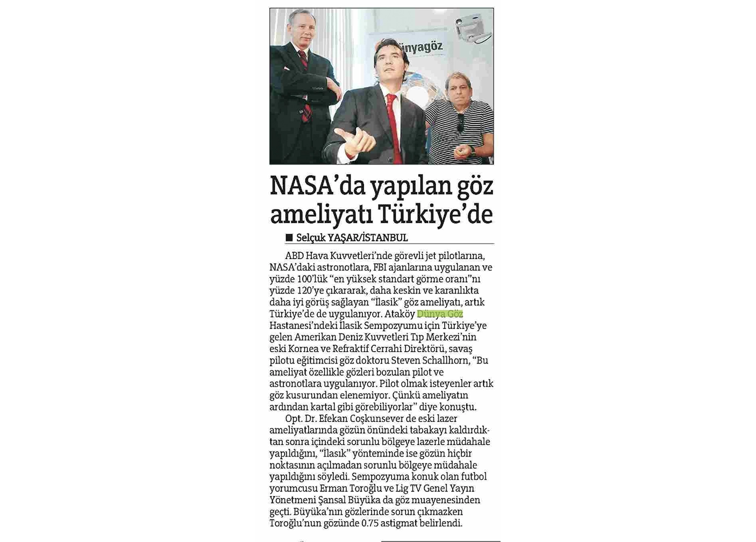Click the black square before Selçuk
pos(289,238)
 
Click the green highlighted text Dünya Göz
pos(439,314)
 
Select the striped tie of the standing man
pos(305,86)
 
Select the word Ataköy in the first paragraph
pos(400,314)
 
